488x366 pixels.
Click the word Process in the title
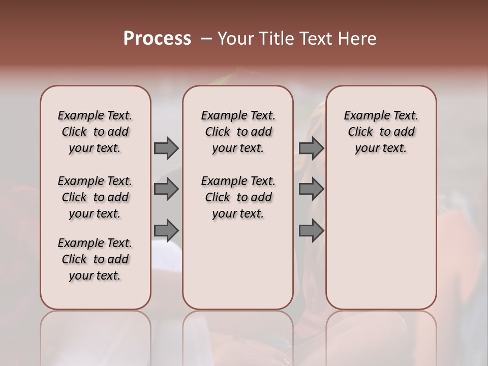click(157, 39)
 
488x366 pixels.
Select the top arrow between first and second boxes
click(166, 148)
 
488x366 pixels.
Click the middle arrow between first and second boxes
click(166, 190)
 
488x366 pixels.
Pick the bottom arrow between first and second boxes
click(166, 231)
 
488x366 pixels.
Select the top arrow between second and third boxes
click(311, 148)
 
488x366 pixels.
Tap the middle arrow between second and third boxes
click(311, 190)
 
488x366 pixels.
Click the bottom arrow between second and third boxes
click(311, 231)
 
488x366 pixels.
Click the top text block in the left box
click(95, 132)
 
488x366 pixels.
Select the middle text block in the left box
click(95, 197)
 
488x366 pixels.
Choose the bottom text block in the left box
click(95, 259)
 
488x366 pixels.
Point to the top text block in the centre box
click(238, 132)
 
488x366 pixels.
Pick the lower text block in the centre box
click(238, 197)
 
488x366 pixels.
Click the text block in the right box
click(381, 132)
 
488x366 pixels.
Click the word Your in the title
click(234, 39)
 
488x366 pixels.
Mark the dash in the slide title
click(206, 39)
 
